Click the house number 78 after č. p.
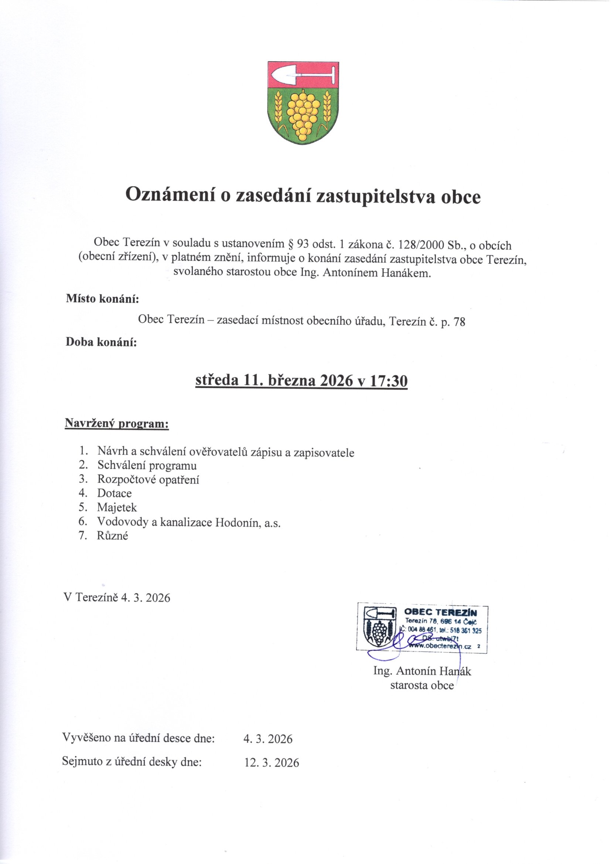tap(460, 322)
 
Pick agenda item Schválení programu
tap(147, 466)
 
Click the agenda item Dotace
tap(115, 493)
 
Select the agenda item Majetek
tap(117, 507)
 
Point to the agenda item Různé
tap(113, 536)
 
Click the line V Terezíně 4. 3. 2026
tap(118, 598)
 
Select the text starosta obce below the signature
tap(422, 685)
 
